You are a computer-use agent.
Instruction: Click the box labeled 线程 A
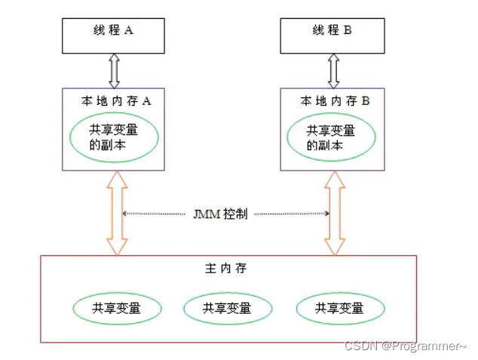(113, 35)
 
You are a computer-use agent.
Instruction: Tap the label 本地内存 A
(117, 100)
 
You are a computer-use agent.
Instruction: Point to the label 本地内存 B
(335, 100)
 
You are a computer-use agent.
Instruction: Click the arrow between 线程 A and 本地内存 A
(114, 71)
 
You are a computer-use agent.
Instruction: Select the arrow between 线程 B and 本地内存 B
(332, 71)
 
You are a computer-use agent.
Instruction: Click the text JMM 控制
(218, 214)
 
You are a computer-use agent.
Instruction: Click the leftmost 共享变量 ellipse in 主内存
(117, 308)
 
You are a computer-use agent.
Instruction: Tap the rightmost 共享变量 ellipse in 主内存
(339, 308)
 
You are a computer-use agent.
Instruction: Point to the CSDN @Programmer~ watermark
(405, 346)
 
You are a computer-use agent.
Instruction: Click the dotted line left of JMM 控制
(154, 214)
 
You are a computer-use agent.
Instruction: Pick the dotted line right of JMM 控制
(290, 214)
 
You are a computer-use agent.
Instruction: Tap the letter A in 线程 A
(129, 30)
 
